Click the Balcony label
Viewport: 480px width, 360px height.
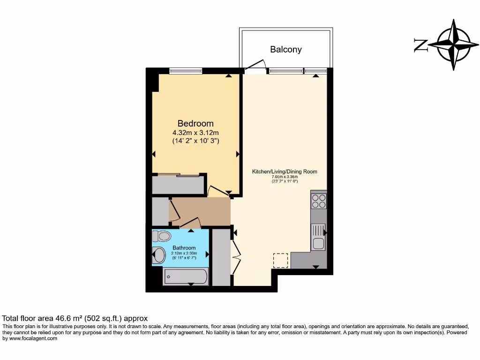click(285, 49)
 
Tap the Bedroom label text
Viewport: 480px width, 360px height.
click(195, 123)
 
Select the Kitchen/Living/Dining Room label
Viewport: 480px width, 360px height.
click(285, 172)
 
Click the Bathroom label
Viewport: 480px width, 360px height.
click(184, 247)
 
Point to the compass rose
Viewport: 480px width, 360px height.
click(453, 45)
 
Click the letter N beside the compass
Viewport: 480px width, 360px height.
click(420, 45)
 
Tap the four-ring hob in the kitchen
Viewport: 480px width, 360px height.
click(319, 201)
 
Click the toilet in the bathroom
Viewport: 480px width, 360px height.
click(162, 236)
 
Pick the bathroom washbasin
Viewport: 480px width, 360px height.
click(159, 255)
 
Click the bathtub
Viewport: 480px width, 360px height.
click(185, 277)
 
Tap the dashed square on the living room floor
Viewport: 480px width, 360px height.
click(280, 260)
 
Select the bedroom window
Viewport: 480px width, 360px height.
click(186, 71)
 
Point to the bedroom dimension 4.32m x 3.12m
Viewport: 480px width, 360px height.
click(195, 133)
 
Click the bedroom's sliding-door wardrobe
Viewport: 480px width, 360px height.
click(178, 185)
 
